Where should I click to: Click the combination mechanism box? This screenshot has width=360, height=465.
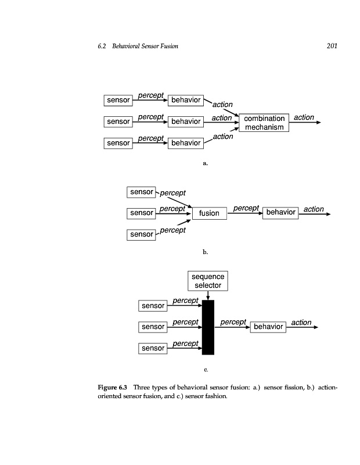pyautogui.click(x=264, y=123)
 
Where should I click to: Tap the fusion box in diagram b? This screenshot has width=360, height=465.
pyautogui.click(x=209, y=213)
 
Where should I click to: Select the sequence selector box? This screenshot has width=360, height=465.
pyautogui.click(x=208, y=281)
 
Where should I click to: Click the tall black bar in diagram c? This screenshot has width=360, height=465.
pyautogui.click(x=208, y=327)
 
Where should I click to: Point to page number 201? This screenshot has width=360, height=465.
pyautogui.click(x=332, y=46)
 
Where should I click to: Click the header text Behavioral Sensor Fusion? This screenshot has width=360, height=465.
pyautogui.click(x=145, y=46)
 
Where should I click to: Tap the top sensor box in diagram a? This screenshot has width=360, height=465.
pyautogui.click(x=118, y=100)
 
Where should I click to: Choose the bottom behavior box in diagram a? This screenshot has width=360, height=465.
pyautogui.click(x=185, y=142)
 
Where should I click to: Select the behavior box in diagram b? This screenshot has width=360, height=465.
pyautogui.click(x=280, y=212)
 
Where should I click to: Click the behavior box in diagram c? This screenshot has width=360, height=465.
pyautogui.click(x=268, y=327)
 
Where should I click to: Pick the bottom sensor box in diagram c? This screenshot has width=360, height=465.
pyautogui.click(x=153, y=348)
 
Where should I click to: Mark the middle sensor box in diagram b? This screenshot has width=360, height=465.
pyautogui.click(x=141, y=213)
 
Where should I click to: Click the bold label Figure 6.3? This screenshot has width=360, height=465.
pyautogui.click(x=113, y=387)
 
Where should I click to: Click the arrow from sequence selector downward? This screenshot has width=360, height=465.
pyautogui.click(x=208, y=295)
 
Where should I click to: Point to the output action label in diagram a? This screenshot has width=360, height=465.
pyautogui.click(x=304, y=117)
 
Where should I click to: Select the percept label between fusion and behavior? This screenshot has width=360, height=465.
pyautogui.click(x=246, y=208)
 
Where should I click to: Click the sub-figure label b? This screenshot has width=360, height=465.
pyautogui.click(x=204, y=252)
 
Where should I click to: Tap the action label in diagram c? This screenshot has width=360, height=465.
pyautogui.click(x=301, y=323)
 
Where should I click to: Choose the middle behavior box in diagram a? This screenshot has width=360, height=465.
pyautogui.click(x=185, y=121)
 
